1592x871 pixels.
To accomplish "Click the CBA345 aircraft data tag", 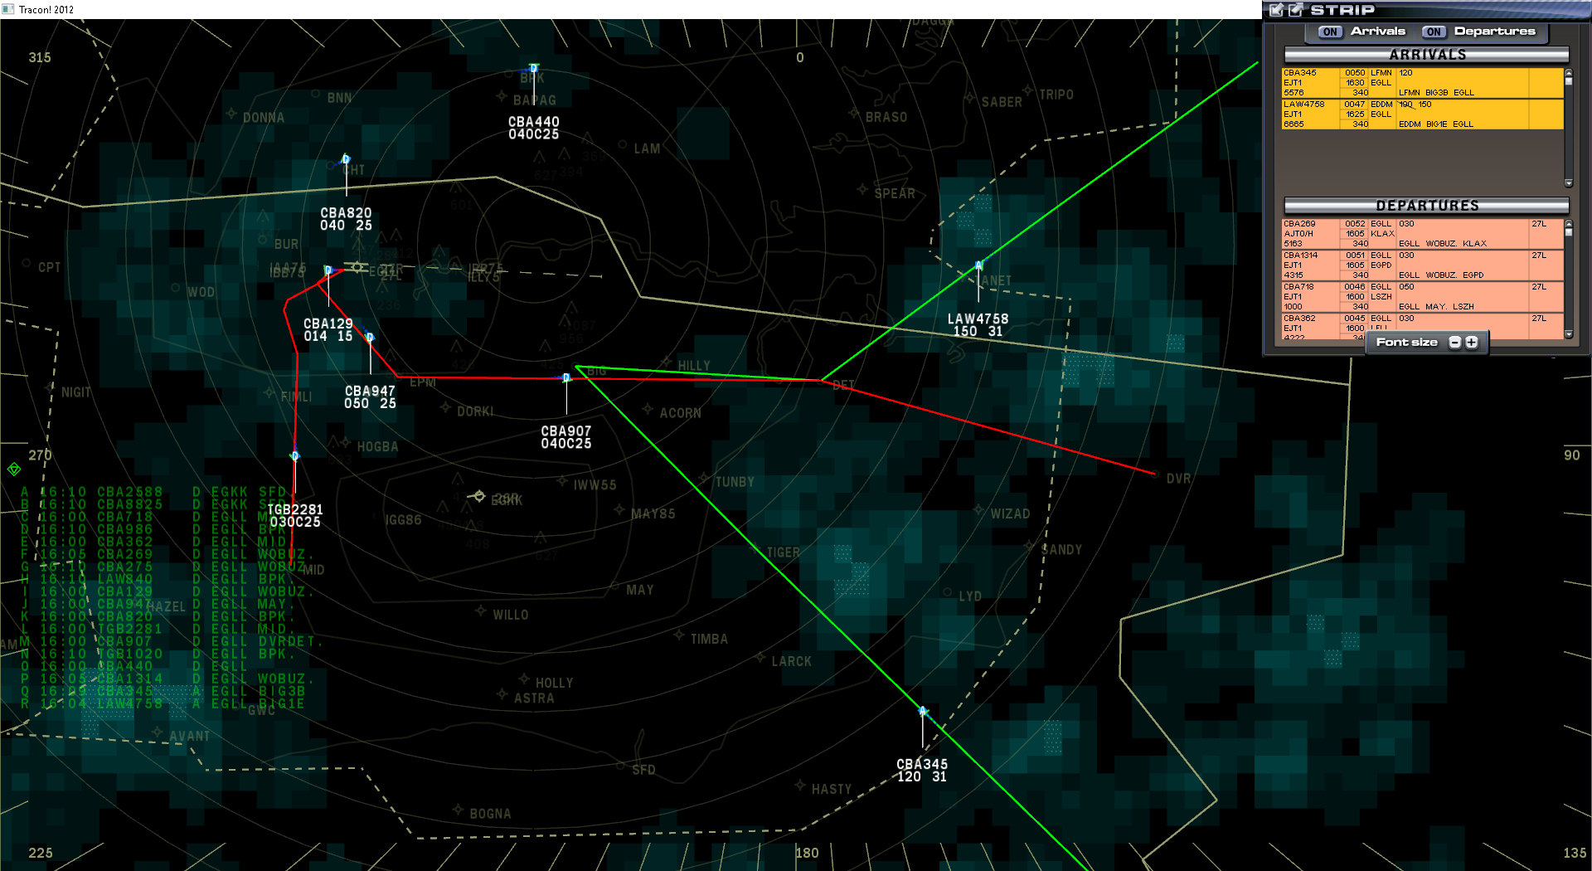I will click(x=921, y=770).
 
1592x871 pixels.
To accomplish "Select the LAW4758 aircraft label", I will click(x=978, y=324).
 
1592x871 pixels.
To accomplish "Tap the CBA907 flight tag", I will click(x=566, y=437).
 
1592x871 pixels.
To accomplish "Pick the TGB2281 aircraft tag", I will click(x=294, y=515).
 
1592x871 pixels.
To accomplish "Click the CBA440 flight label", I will click(x=533, y=128).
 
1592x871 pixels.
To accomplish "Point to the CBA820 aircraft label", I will click(x=346, y=219).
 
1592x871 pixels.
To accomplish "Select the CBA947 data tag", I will click(x=370, y=397).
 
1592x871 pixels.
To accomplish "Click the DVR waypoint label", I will click(x=1178, y=479).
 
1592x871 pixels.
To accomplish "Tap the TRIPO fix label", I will click(x=1056, y=95).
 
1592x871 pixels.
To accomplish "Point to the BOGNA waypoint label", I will click(x=490, y=814).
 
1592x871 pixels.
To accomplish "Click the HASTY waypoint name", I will click(x=831, y=789).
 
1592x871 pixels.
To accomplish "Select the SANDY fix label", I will click(x=1061, y=550).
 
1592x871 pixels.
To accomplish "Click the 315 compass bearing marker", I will click(x=40, y=57).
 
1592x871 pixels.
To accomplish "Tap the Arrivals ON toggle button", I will click(x=1330, y=32).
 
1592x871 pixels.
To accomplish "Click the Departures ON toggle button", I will click(x=1434, y=32).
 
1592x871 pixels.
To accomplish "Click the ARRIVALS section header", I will click(x=1426, y=55).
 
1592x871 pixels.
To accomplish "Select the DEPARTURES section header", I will click(x=1426, y=206).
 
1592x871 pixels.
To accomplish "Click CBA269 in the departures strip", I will click(x=1299, y=224).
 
